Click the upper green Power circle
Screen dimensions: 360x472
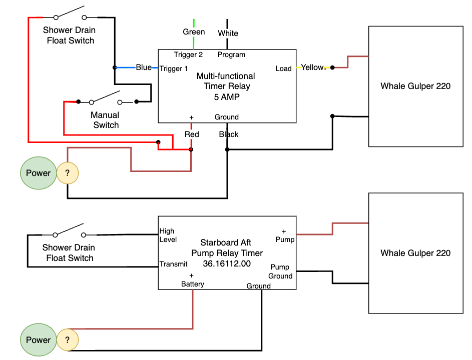click(x=39, y=173)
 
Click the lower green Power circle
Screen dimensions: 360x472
click(x=39, y=340)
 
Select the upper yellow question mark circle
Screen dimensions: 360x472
click(x=67, y=173)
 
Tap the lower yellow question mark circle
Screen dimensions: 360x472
click(x=67, y=340)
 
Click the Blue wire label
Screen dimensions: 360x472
click(x=144, y=67)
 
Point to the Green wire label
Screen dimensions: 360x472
click(x=194, y=32)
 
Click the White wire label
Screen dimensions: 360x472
click(x=228, y=33)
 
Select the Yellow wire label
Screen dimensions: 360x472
click(x=312, y=67)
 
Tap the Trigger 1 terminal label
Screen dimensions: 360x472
click(x=174, y=68)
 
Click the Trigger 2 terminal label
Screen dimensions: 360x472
click(x=188, y=54)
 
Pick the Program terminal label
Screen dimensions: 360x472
click(x=231, y=54)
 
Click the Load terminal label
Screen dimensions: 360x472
click(x=283, y=68)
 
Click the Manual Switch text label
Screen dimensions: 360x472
click(x=106, y=120)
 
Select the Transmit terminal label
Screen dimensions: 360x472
click(x=173, y=264)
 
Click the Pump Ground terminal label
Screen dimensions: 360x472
click(x=280, y=271)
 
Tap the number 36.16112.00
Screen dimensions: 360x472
click(x=227, y=263)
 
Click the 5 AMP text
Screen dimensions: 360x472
click(x=227, y=96)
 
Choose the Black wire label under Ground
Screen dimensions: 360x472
click(x=229, y=134)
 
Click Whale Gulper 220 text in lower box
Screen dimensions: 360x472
click(x=415, y=253)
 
